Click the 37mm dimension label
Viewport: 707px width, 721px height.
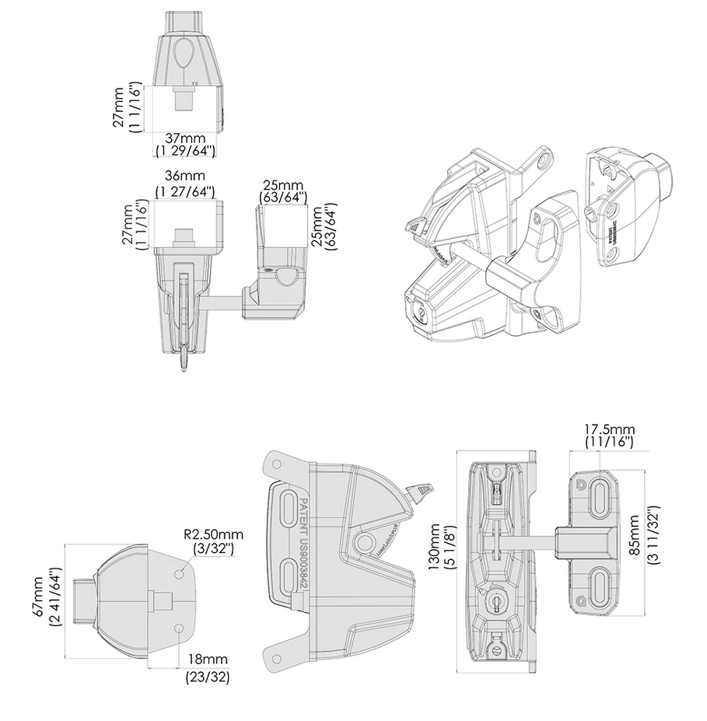coord(184,137)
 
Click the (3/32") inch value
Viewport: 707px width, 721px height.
coord(212,548)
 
